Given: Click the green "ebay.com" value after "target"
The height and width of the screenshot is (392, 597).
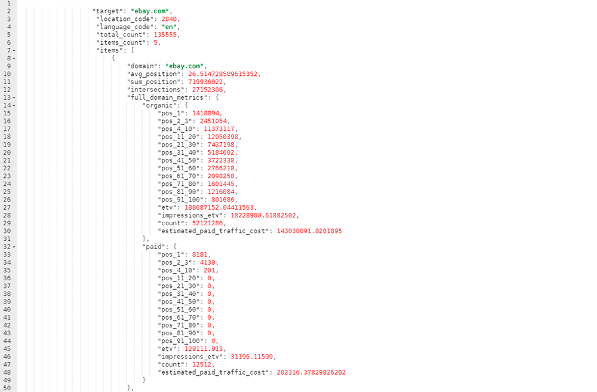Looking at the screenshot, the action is pyautogui.click(x=150, y=11).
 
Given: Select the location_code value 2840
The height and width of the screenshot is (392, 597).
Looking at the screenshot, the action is pyautogui.click(x=169, y=19).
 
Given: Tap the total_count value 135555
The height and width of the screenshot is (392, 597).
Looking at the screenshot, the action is pyautogui.click(x=165, y=35).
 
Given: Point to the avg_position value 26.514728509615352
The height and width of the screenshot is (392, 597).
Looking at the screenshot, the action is pyautogui.click(x=223, y=74).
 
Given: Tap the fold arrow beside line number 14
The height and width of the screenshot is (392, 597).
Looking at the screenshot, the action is pyautogui.click(x=14, y=106).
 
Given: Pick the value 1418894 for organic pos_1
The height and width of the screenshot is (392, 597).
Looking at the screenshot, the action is pyautogui.click(x=205, y=113).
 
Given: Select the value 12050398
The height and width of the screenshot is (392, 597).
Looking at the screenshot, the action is pyautogui.click(x=223, y=137).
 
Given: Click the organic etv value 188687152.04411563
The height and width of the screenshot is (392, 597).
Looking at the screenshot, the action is pyautogui.click(x=219, y=207).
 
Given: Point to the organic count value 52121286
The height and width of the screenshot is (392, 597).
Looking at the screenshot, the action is pyautogui.click(x=208, y=223).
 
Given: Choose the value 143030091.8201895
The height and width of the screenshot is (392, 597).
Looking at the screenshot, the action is pyautogui.click(x=309, y=231).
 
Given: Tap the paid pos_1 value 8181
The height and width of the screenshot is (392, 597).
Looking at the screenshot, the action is pyautogui.click(x=200, y=255).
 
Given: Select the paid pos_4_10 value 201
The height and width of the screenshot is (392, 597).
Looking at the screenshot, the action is pyautogui.click(x=210, y=271).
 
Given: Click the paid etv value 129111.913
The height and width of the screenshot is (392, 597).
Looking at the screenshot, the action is pyautogui.click(x=204, y=349).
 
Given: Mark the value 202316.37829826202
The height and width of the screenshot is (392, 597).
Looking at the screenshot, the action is pyautogui.click(x=311, y=372).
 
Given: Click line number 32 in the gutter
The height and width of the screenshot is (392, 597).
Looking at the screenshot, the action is pyautogui.click(x=7, y=247).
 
